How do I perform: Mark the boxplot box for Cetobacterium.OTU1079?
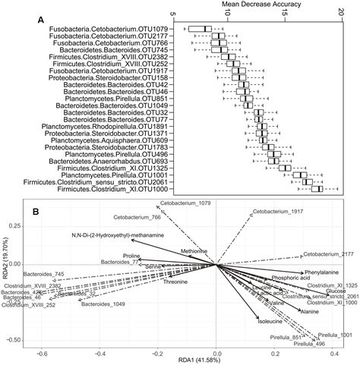[201, 30]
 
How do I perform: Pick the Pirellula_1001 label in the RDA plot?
[335, 335]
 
